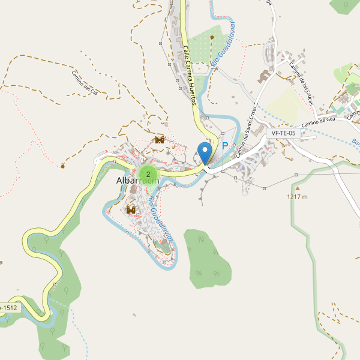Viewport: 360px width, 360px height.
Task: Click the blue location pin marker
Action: coord(205,154)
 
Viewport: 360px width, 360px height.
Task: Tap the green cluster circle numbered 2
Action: coord(148,174)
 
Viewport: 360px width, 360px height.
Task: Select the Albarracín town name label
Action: coord(137,182)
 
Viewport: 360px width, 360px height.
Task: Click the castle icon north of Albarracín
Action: coord(160,140)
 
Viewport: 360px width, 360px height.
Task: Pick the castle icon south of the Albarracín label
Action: coord(131,209)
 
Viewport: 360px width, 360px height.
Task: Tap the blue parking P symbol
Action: coord(226,146)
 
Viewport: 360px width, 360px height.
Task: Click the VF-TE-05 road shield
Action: coord(283,133)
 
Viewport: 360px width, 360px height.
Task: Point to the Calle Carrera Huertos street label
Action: coord(190,76)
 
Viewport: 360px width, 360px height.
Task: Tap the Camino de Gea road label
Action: coord(318,122)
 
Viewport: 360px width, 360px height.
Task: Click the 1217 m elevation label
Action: coord(297,196)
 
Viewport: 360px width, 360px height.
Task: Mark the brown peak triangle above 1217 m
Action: coord(296,188)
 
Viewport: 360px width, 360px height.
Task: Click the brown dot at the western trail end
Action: coord(63,166)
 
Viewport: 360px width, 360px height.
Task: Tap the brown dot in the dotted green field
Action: coord(212,37)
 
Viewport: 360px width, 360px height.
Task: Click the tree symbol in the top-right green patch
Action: coord(346,5)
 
